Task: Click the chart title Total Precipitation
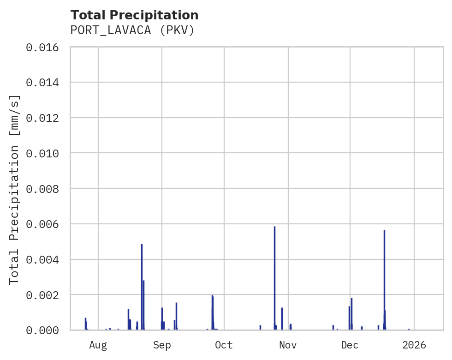(134, 15)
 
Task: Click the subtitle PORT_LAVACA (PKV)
(132, 30)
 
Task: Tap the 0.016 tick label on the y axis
(45, 47)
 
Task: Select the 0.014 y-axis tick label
(45, 83)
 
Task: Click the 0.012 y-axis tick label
(45, 118)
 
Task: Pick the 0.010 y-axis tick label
(45, 153)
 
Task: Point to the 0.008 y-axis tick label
(45, 189)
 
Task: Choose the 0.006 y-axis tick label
(45, 224)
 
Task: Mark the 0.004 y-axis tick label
(45, 259)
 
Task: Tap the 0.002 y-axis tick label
(45, 295)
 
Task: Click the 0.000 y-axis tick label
(45, 330)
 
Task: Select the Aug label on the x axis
(98, 345)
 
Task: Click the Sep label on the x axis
(162, 345)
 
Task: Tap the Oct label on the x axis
(224, 345)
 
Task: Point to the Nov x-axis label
(288, 345)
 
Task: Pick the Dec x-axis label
(350, 345)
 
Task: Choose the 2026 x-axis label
(414, 345)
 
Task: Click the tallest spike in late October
(274, 277)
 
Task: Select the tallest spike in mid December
(384, 279)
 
